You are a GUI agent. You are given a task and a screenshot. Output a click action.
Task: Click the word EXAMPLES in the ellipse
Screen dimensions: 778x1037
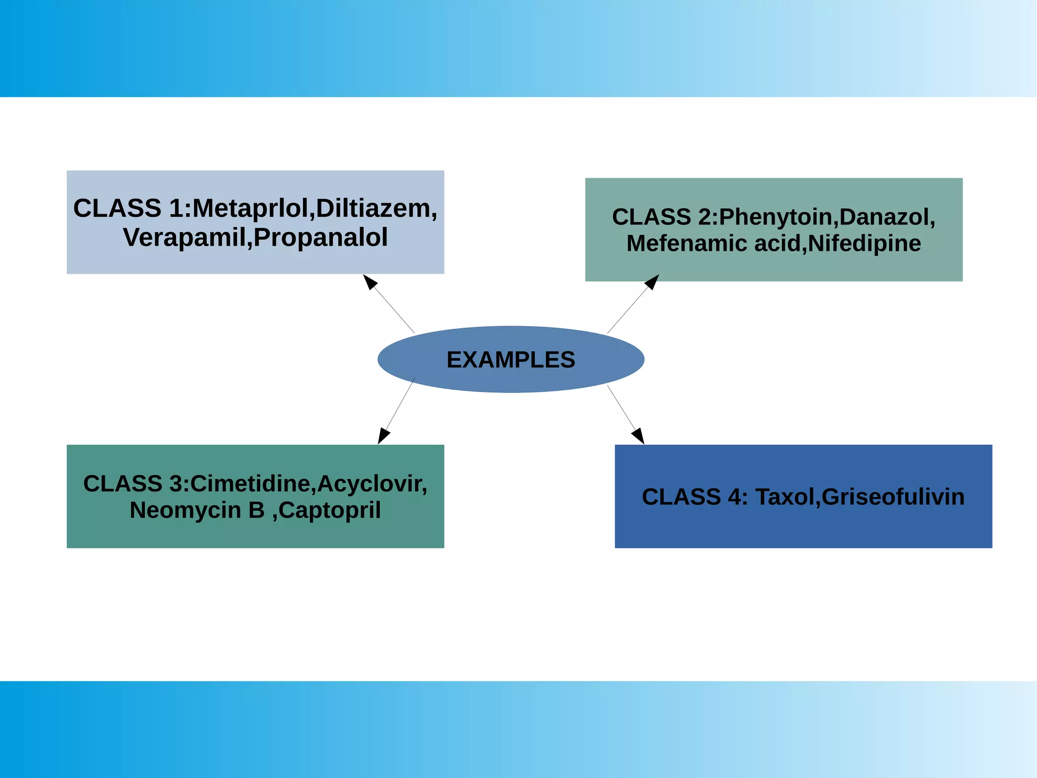click(x=510, y=360)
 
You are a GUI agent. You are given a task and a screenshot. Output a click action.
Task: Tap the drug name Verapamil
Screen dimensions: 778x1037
click(x=184, y=237)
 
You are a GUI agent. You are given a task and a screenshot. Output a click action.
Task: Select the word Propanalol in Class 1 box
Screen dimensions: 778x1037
click(x=321, y=237)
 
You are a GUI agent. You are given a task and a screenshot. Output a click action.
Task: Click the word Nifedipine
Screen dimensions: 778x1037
click(x=864, y=243)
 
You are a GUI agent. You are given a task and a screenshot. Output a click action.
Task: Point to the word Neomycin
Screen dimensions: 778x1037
click(x=185, y=510)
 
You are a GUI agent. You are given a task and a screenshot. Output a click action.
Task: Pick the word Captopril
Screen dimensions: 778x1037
click(x=329, y=511)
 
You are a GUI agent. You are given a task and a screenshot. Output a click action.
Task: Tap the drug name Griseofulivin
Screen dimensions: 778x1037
click(x=893, y=497)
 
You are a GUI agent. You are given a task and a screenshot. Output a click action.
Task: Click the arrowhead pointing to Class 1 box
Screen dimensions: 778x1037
click(x=370, y=282)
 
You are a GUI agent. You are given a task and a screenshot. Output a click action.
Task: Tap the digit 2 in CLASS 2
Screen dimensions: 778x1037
click(x=704, y=217)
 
